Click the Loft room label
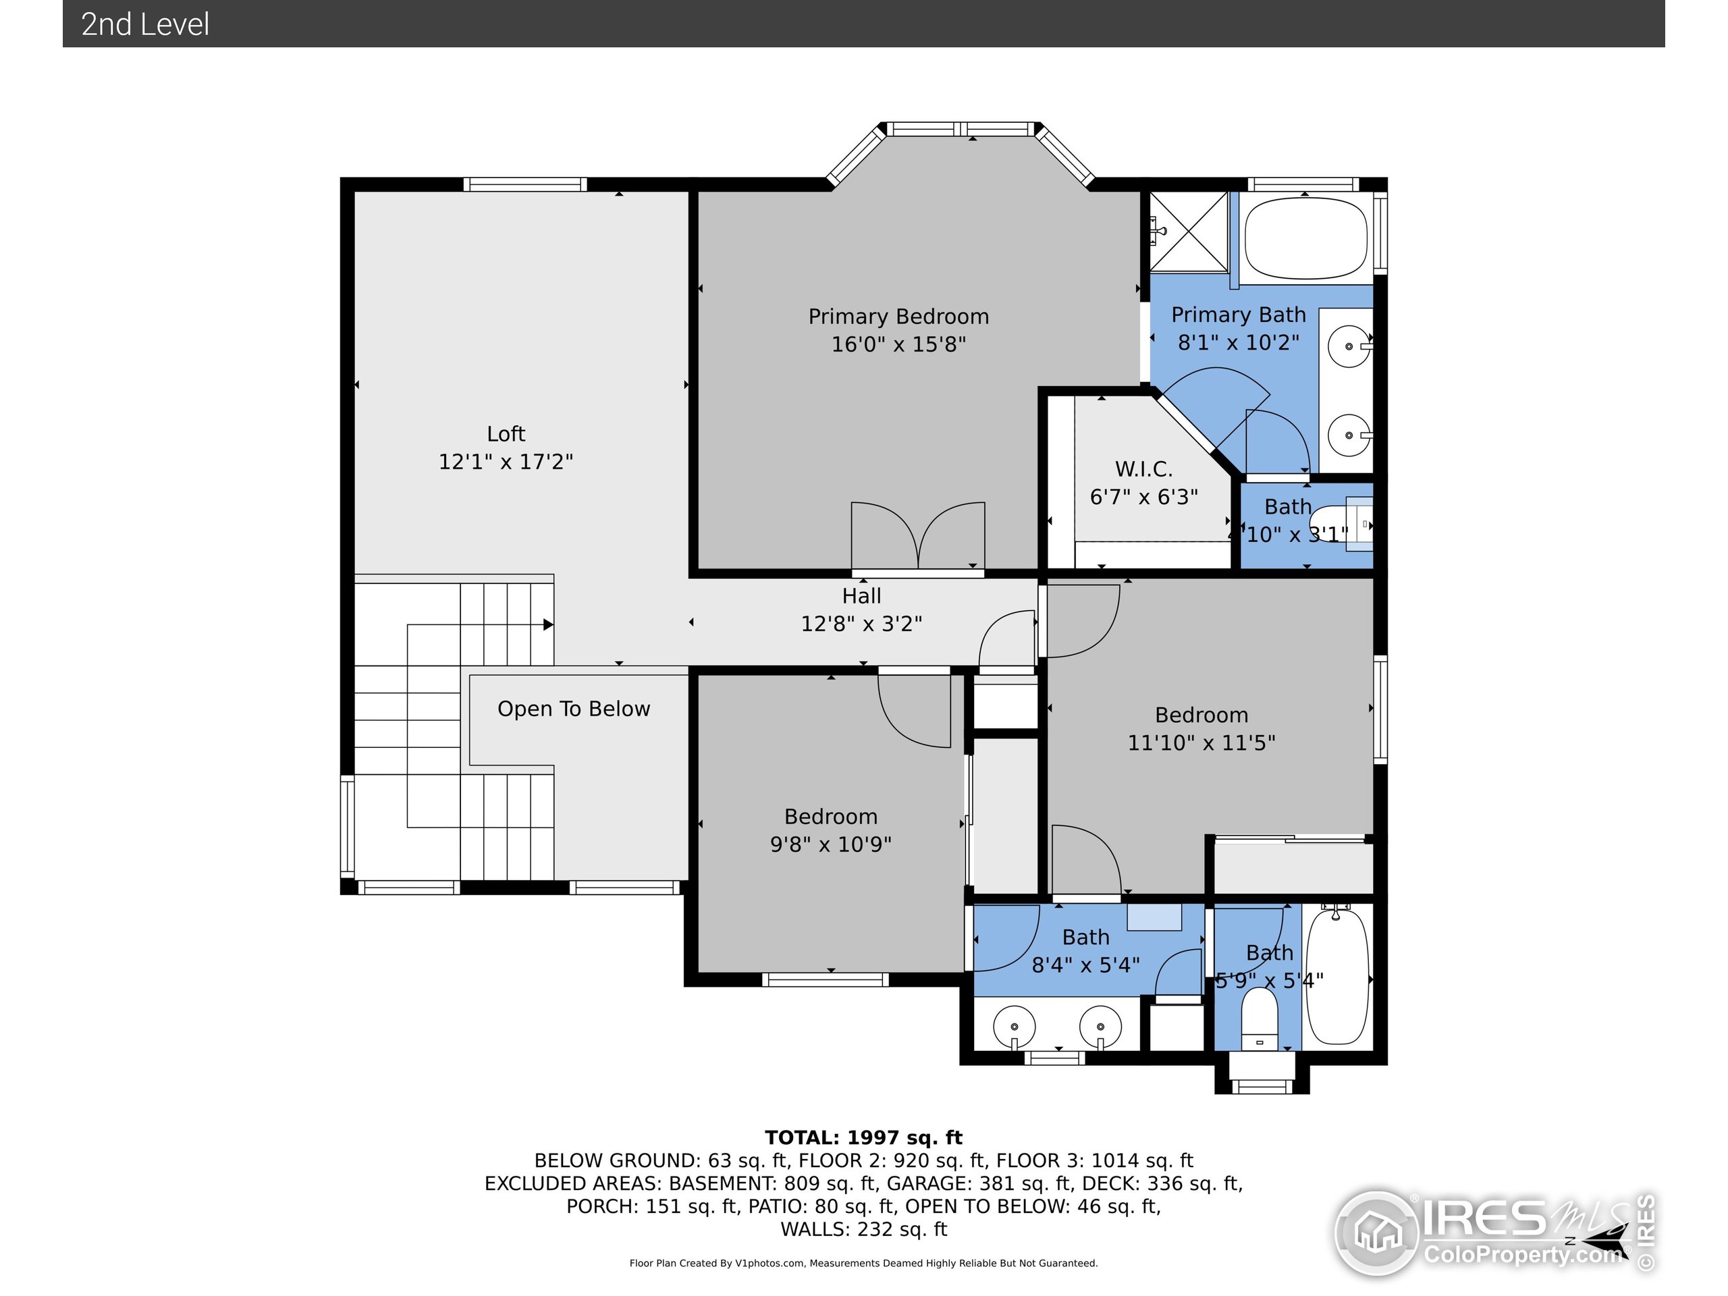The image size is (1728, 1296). pos(506,433)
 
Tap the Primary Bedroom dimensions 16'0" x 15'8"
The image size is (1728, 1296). pos(898,344)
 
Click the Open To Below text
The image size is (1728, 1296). pos(573,709)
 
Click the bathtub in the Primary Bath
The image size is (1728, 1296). pos(1305,238)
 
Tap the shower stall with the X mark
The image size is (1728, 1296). pos(1188,232)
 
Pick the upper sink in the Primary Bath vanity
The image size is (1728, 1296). pos(1349,346)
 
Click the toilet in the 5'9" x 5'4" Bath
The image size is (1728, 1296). pos(1260,1019)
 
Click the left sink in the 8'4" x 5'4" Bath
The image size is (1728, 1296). pos(1014,1027)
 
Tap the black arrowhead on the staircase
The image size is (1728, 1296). pos(548,625)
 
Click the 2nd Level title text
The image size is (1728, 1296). pos(145,24)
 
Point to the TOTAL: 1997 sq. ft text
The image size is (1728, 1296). pos(863,1137)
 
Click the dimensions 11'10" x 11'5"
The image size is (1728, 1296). pos(1201,743)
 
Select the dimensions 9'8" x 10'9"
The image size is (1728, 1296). pos(830,844)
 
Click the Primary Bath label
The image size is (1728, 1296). pos(1238,315)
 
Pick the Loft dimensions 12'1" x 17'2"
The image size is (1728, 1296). pos(506,462)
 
